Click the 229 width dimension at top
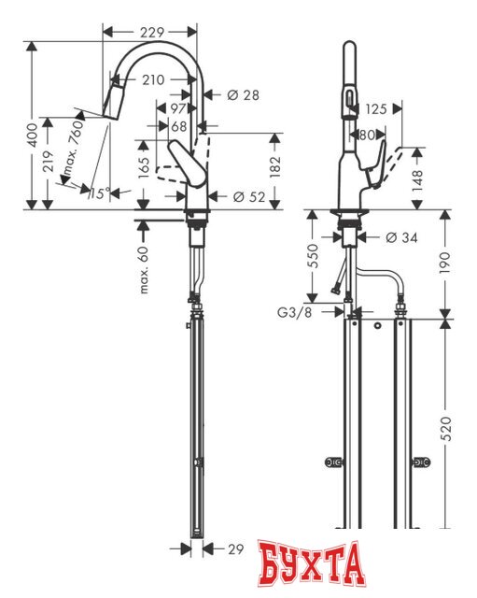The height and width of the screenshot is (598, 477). (x=152, y=32)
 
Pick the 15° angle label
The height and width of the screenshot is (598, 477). (x=99, y=193)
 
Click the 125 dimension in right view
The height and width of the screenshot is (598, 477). (x=376, y=109)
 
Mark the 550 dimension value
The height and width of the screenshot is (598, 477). (x=313, y=258)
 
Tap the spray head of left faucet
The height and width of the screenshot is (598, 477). (x=116, y=95)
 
